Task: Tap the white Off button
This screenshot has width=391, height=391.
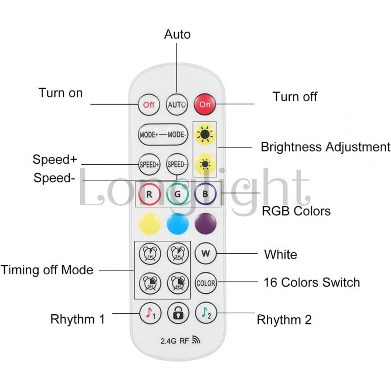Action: coord(149,105)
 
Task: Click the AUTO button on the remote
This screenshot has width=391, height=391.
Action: coord(177,105)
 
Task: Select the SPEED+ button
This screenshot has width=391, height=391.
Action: coord(149,164)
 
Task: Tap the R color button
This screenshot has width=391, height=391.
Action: coord(149,195)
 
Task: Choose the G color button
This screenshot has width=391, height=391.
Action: coord(177,195)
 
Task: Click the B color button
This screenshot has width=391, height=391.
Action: coord(205,195)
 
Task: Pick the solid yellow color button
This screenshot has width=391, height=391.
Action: coord(150,224)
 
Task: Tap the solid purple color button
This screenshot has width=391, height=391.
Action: coord(205,224)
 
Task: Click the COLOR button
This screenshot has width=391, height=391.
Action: coord(206,282)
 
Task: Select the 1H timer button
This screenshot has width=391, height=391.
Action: coord(149,254)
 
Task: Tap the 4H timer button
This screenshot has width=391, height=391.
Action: coord(177,282)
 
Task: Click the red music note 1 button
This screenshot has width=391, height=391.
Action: coord(149,313)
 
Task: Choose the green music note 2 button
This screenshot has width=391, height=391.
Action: coord(206,313)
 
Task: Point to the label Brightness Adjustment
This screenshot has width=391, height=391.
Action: coord(325,147)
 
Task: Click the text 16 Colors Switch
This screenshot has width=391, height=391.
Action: coord(311,282)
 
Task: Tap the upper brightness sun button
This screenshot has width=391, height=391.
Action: coord(205,134)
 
